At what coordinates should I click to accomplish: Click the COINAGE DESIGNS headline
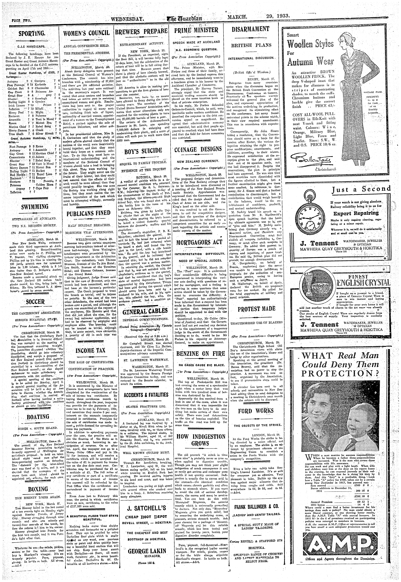[199, 149]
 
